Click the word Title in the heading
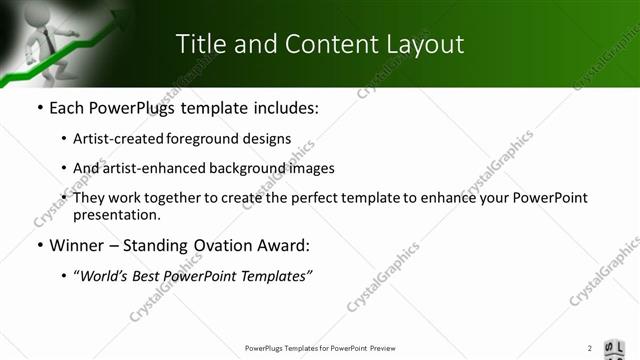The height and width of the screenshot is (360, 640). coord(200,44)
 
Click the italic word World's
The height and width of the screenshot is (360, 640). coord(106,276)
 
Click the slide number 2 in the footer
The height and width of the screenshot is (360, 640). coord(590,348)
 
